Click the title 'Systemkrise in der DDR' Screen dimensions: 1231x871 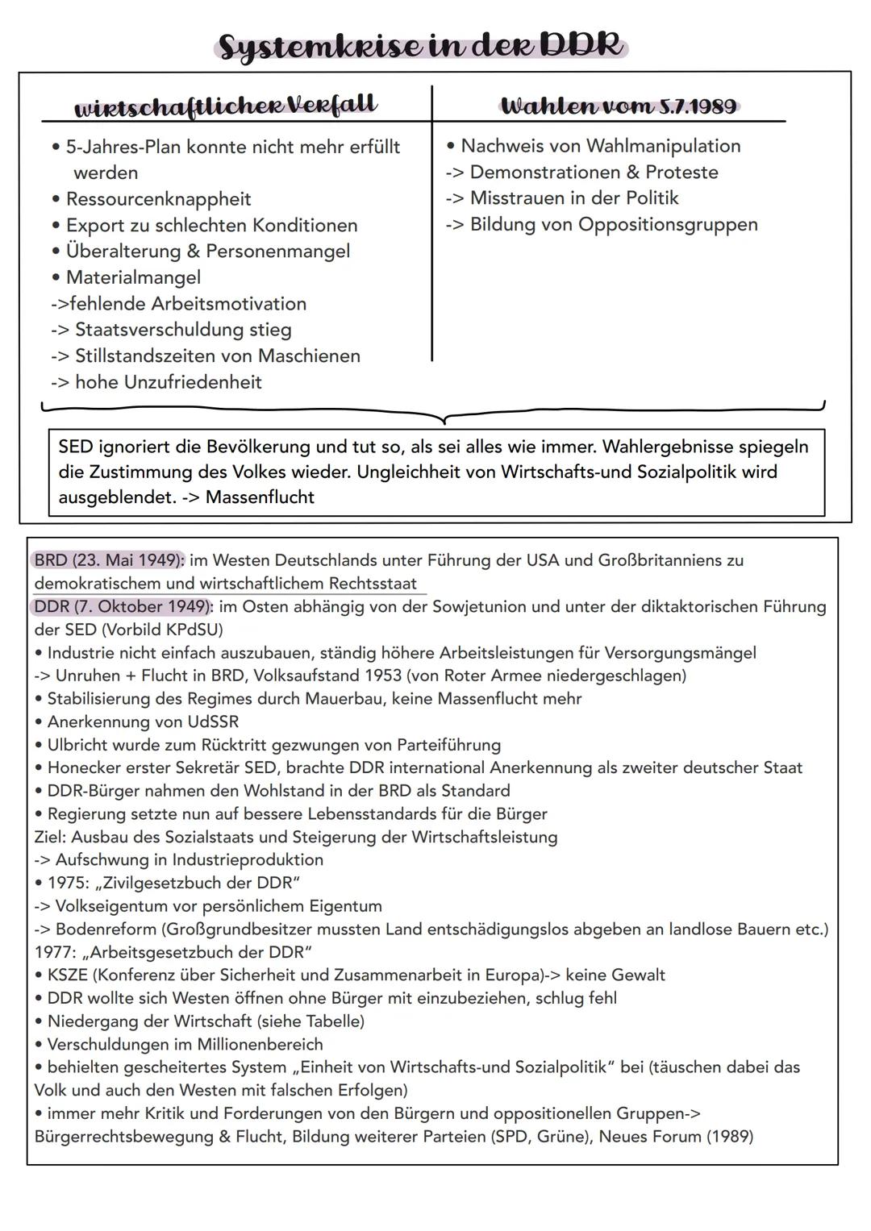(421, 46)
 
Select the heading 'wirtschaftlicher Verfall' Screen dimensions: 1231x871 (225, 106)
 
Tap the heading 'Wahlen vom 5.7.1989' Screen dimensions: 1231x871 (618, 106)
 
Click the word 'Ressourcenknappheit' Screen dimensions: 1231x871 (158, 199)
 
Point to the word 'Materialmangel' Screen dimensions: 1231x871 (133, 277)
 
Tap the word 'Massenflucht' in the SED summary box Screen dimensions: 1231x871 (260, 497)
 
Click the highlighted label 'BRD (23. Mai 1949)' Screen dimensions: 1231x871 (109, 560)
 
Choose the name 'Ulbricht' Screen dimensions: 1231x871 (81, 745)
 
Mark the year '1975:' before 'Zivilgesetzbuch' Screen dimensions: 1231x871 (69, 883)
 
